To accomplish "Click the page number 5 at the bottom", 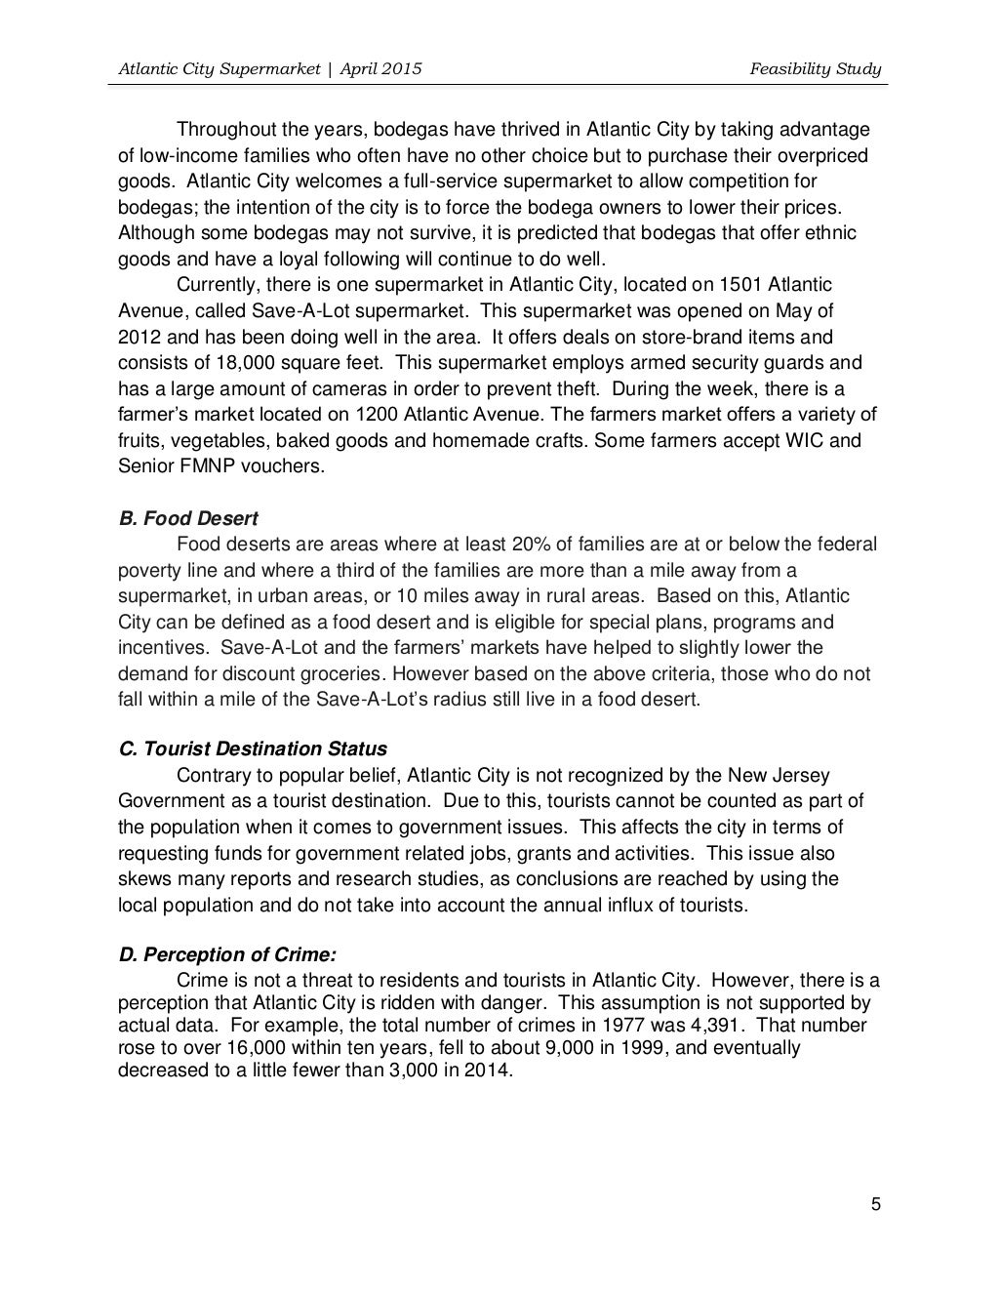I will pos(875,1203).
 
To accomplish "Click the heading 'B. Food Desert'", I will pos(188,517).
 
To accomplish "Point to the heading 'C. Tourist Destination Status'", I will pos(253,749).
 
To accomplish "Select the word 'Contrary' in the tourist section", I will pos(211,776).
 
